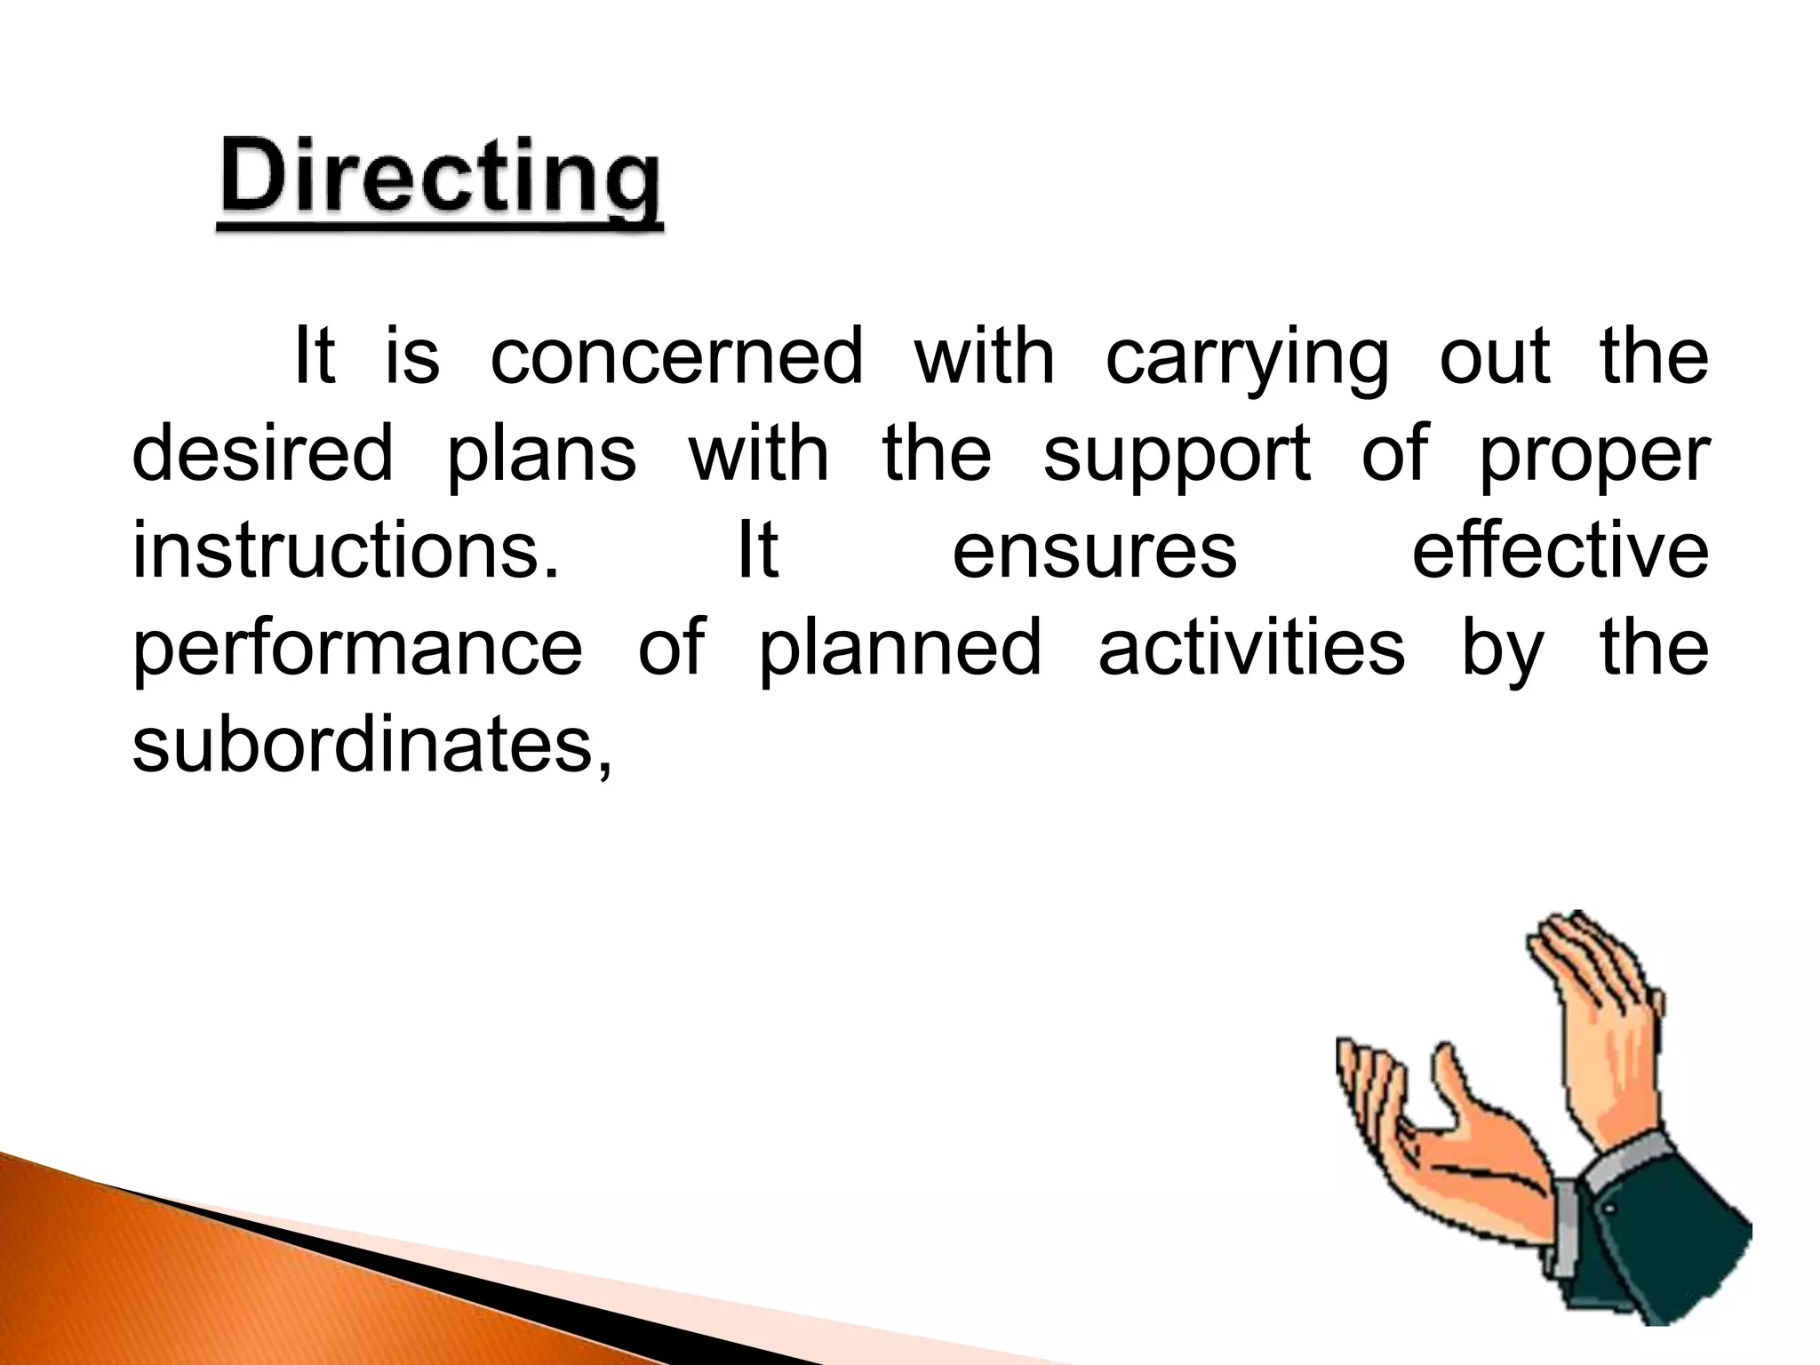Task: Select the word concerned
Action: [x=676, y=355]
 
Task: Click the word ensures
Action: [x=1094, y=551]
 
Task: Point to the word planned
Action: [x=899, y=649]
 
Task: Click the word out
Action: [x=1495, y=355]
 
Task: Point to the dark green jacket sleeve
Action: [x=1671, y=1244]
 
